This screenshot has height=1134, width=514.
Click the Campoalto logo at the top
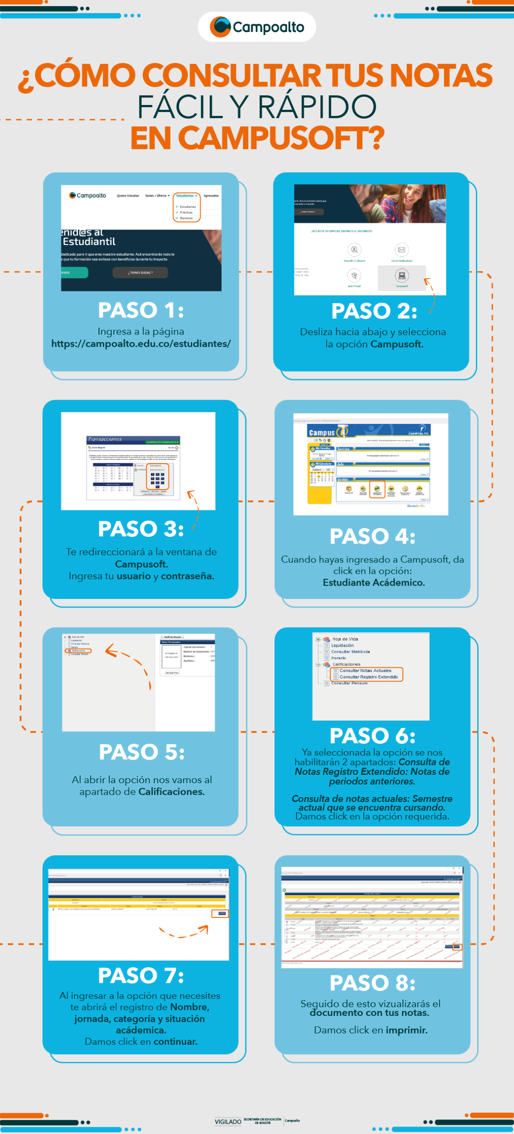(x=257, y=27)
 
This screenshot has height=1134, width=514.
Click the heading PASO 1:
(x=141, y=310)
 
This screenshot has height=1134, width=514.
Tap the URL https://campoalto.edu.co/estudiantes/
(x=141, y=344)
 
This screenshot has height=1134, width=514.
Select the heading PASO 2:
(x=374, y=311)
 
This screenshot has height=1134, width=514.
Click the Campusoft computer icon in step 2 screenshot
(x=401, y=276)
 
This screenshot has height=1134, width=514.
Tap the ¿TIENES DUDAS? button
(x=140, y=272)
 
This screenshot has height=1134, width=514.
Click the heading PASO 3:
(x=141, y=529)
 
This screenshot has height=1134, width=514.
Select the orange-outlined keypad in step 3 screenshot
(x=157, y=478)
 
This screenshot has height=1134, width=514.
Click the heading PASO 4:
(x=372, y=536)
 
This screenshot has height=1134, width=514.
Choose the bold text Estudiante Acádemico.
(x=374, y=583)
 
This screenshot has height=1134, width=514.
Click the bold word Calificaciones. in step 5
(x=171, y=792)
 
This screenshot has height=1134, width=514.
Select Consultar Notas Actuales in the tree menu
(x=365, y=671)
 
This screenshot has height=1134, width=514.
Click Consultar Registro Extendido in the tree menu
(x=368, y=677)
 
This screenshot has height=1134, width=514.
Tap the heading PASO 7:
(x=141, y=975)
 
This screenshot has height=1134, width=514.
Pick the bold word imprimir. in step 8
(x=406, y=1030)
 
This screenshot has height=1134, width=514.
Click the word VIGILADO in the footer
(x=228, y=1122)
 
